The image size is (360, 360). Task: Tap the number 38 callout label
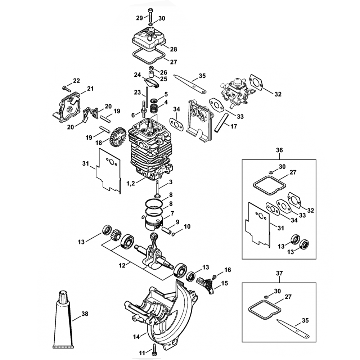coord(85,314)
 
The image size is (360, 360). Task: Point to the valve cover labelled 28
coord(148,39)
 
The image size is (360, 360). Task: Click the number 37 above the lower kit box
coord(279,274)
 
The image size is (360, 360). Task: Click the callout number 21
coord(90,89)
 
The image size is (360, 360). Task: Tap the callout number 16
coord(227,270)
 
